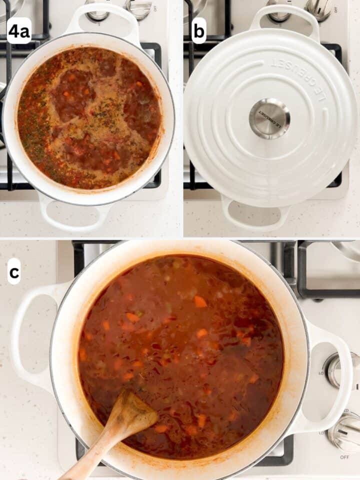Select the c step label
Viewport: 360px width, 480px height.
point(14,272)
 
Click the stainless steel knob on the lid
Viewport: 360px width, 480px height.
point(269,118)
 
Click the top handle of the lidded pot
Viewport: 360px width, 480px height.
point(285,20)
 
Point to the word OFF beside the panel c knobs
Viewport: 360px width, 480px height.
point(344,457)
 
